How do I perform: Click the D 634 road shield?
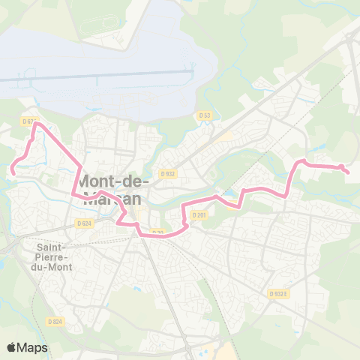click(29, 121)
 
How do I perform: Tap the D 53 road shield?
click(205, 115)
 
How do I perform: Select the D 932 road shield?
click(166, 173)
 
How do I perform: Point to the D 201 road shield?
click(198, 215)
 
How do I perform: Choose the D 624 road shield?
click(84, 223)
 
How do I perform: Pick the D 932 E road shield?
click(280, 294)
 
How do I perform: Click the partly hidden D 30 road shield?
click(157, 232)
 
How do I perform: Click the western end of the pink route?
click(13, 174)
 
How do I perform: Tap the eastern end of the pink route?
click(349, 173)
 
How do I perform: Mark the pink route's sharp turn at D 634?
click(34, 124)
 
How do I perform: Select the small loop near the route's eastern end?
click(341, 166)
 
